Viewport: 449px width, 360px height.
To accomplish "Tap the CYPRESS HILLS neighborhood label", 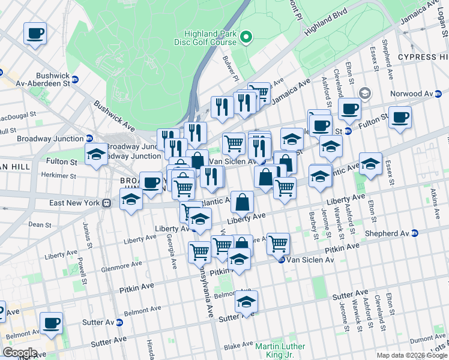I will click(x=423, y=58).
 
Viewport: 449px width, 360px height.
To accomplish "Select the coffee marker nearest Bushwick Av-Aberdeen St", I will click(x=35, y=33).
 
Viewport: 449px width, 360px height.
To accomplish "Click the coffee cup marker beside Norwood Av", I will click(x=400, y=117).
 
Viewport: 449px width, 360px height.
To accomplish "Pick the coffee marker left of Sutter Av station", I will click(x=51, y=323).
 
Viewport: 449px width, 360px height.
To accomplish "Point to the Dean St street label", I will click(x=39, y=224).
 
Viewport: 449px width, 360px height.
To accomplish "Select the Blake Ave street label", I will click(x=238, y=345).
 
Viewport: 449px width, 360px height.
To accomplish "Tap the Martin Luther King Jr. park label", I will click(x=280, y=350).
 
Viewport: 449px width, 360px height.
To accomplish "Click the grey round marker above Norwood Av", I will click(x=365, y=93).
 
